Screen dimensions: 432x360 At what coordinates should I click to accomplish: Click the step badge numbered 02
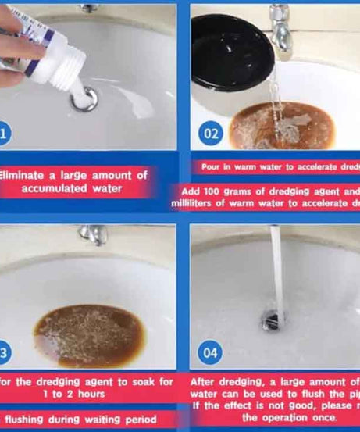pos(211,134)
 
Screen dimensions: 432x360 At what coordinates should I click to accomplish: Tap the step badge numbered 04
pos(211,353)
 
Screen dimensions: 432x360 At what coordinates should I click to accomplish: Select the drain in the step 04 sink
pos(274,318)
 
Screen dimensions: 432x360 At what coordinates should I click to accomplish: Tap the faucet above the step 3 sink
pos(94,234)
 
